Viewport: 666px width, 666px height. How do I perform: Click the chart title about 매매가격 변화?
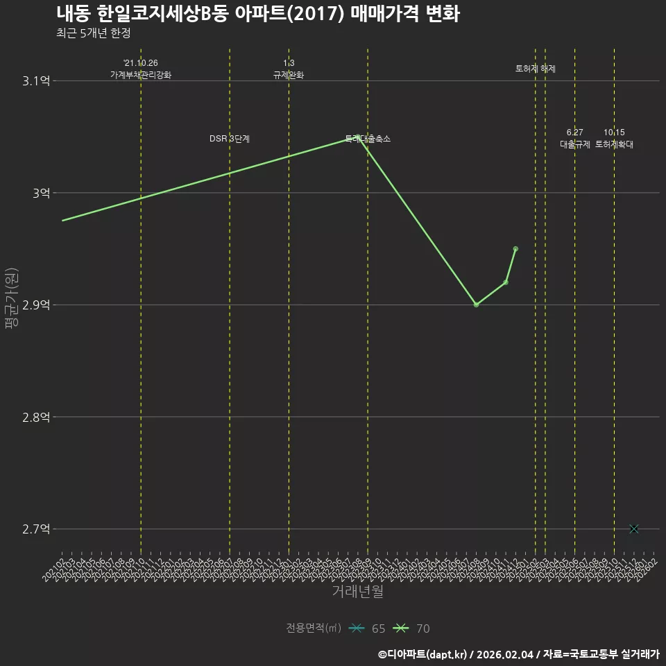click(257, 14)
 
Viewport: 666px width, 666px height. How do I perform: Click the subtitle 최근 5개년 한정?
click(94, 33)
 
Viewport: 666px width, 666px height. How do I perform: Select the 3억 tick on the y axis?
click(41, 193)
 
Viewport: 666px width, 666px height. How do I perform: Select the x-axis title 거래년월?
click(357, 592)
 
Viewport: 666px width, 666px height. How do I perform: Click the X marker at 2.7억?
click(633, 529)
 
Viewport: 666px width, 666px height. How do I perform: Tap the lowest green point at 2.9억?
click(476, 305)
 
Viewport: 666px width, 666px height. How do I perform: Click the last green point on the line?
click(515, 248)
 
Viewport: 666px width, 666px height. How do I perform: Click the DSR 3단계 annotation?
click(230, 139)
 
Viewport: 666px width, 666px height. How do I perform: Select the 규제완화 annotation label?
click(289, 75)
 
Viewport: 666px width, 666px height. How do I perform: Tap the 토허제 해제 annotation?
click(536, 69)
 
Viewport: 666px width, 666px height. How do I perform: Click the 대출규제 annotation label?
click(575, 144)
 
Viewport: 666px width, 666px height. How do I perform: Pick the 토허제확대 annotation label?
click(614, 144)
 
